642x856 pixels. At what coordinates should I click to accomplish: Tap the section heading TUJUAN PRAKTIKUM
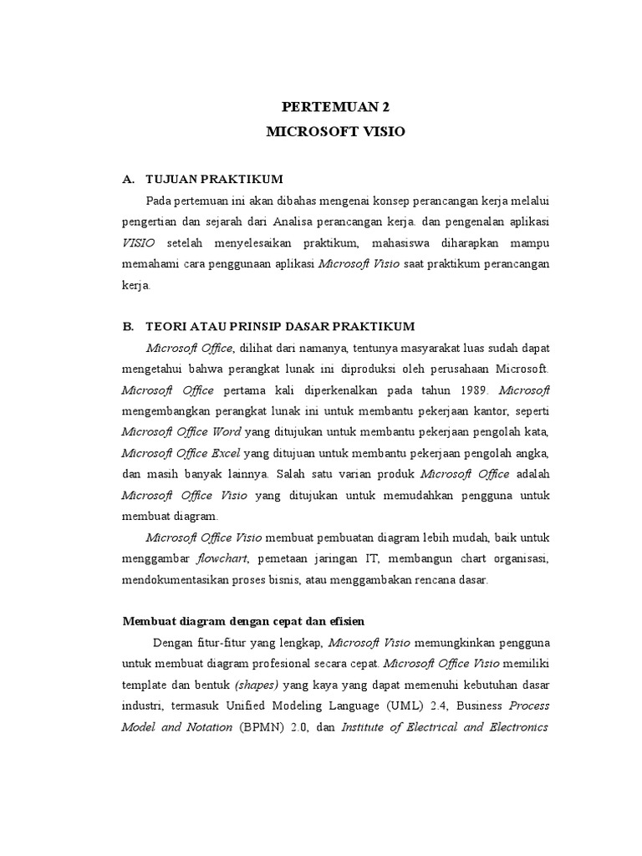(215, 179)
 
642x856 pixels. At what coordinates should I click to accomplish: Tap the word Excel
(225, 453)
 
